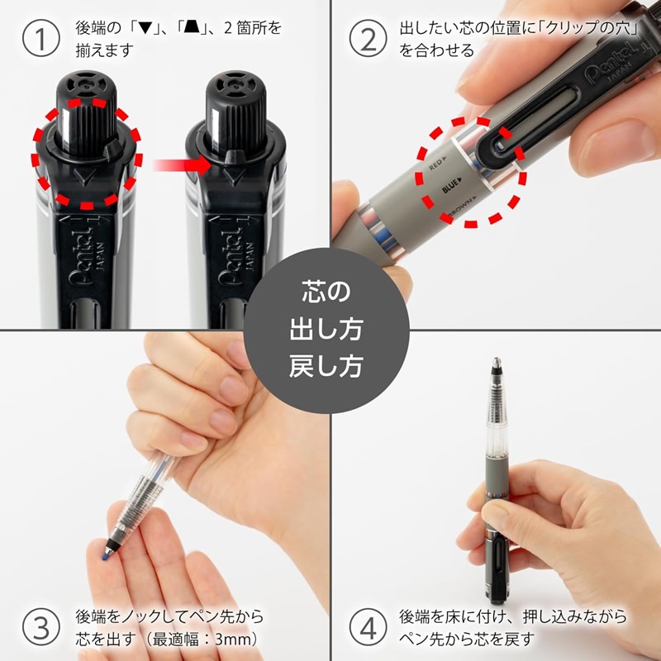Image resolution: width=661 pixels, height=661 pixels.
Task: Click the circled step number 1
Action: [x=40, y=40]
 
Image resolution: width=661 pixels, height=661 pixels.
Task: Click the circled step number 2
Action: [x=368, y=40]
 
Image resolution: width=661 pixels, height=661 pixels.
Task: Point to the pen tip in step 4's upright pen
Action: [x=497, y=364]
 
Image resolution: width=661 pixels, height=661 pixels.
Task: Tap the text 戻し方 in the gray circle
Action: [x=330, y=364]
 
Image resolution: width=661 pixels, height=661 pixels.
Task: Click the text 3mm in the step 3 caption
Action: [x=237, y=639]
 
